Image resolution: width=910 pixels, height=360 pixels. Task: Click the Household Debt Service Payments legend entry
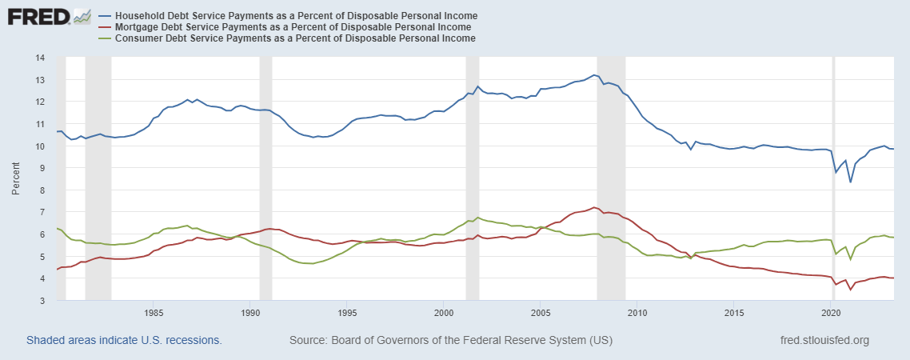click(x=296, y=16)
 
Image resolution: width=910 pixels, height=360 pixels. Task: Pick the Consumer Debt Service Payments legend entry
click(x=295, y=38)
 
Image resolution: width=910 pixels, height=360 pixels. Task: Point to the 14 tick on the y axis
click(x=38, y=58)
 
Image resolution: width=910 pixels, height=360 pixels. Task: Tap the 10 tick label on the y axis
click(x=38, y=146)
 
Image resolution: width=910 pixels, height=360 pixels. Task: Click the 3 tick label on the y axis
click(x=41, y=301)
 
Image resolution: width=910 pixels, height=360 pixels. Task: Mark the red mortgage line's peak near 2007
click(x=593, y=207)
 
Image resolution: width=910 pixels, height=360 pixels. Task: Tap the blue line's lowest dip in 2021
click(x=850, y=182)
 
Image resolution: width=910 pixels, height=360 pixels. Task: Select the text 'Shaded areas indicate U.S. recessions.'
click(x=124, y=340)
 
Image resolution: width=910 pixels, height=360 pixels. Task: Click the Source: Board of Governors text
click(x=451, y=340)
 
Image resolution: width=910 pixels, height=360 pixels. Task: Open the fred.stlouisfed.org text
click(x=824, y=340)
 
